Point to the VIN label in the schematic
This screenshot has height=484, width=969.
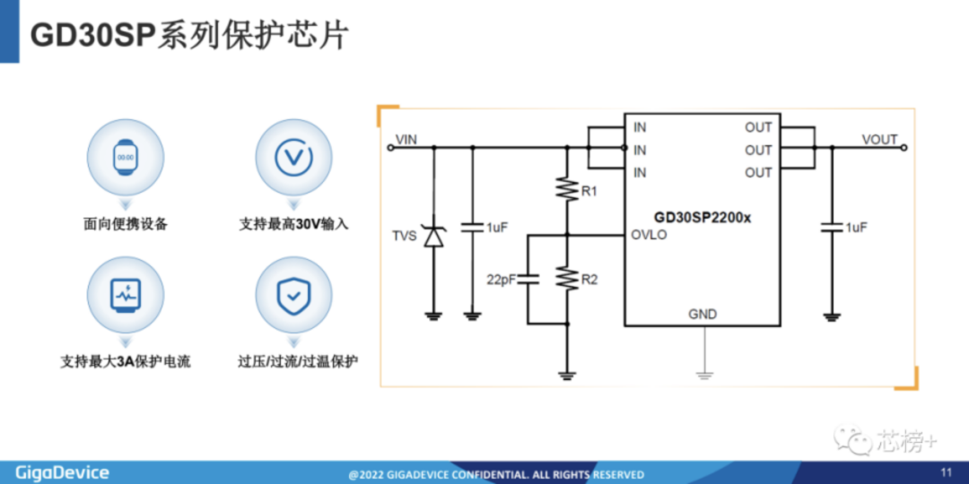click(406, 139)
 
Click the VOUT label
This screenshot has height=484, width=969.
click(879, 139)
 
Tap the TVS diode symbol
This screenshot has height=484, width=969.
click(434, 237)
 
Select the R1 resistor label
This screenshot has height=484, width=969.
click(589, 192)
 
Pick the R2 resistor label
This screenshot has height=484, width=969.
click(589, 280)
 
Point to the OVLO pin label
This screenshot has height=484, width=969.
click(650, 236)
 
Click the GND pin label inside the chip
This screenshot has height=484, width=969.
click(703, 314)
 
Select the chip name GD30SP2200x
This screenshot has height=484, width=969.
click(703, 217)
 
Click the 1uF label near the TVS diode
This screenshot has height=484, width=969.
click(497, 229)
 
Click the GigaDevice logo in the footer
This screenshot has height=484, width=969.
click(62, 472)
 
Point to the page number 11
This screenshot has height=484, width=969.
click(946, 472)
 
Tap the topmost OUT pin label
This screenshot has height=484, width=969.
click(758, 127)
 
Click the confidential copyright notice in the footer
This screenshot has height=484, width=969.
click(496, 474)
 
